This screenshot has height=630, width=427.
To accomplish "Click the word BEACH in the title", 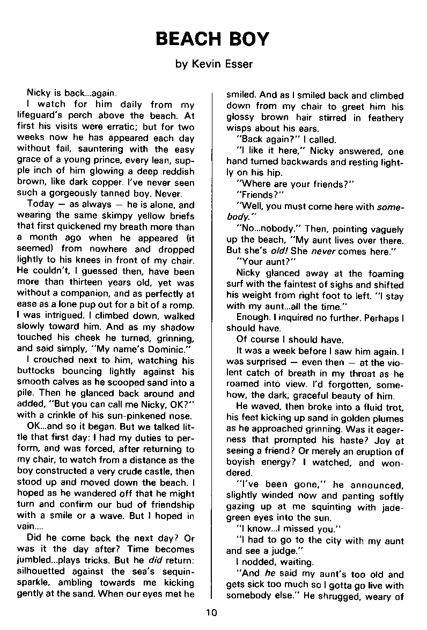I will pos(188,39).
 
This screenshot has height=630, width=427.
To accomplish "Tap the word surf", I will pos(236,284).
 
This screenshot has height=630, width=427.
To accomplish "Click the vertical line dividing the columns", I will pos(213,343).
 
